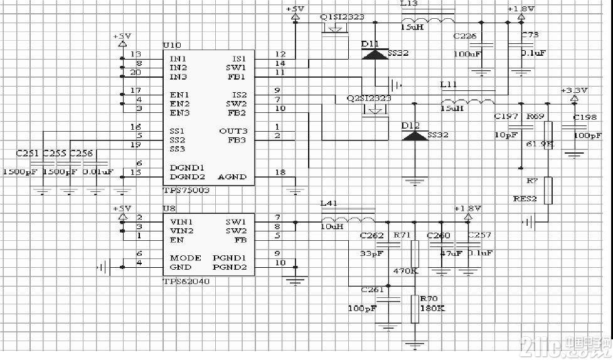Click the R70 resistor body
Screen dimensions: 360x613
[x=413, y=309]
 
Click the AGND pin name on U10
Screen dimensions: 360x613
[x=232, y=177]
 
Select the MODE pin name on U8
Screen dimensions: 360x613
[x=186, y=258]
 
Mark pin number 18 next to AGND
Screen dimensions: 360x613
[x=280, y=172]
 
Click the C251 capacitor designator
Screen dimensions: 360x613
[x=27, y=152]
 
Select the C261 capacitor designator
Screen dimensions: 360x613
[x=372, y=289]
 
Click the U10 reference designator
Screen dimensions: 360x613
[x=171, y=46]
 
